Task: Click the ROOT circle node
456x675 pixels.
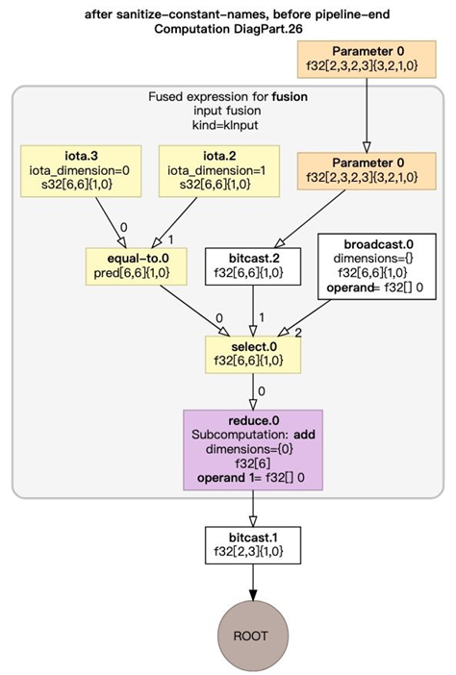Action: coord(253,636)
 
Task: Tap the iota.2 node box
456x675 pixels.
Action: coord(218,170)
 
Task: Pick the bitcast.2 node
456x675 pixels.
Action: coord(252,262)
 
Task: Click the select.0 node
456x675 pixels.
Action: coord(252,353)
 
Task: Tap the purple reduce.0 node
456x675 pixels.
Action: coord(252,448)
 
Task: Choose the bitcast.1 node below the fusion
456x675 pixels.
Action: coord(252,544)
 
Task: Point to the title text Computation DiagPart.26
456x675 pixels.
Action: coord(227,30)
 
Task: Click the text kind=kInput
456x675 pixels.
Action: coord(228,125)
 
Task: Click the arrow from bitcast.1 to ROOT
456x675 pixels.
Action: coord(252,582)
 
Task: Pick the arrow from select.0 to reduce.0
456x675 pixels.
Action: coord(252,389)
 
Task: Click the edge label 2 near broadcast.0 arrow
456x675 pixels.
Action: coord(297,332)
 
